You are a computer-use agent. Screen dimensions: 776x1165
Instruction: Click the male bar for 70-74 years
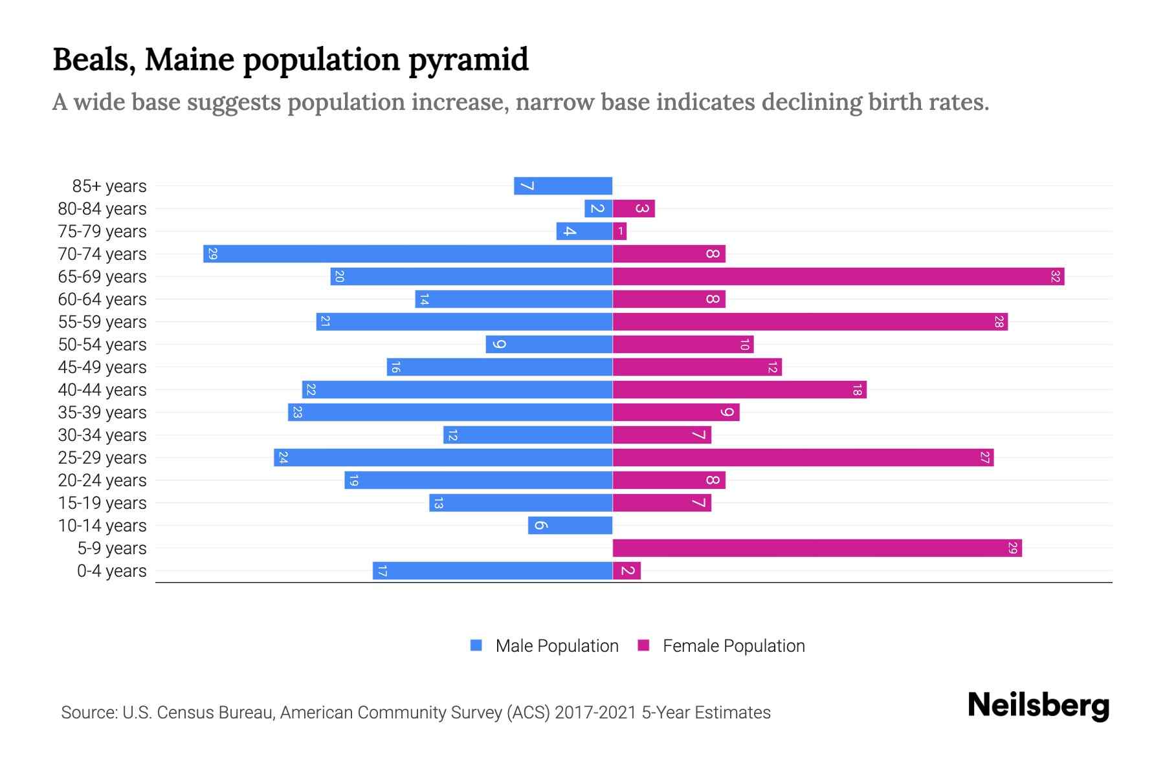pyautogui.click(x=408, y=253)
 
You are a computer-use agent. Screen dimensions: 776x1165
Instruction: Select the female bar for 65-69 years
pyautogui.click(x=838, y=276)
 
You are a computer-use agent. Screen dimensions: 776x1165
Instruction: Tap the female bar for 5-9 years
pyautogui.click(x=817, y=548)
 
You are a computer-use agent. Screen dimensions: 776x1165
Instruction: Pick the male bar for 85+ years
pyautogui.click(x=563, y=186)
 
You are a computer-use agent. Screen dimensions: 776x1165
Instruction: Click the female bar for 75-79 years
pyautogui.click(x=619, y=231)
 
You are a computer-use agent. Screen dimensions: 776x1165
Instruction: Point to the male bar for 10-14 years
pyautogui.click(x=570, y=525)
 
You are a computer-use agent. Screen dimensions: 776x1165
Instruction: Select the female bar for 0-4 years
pyautogui.click(x=627, y=570)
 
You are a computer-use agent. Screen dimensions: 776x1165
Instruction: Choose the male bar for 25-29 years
pyautogui.click(x=443, y=457)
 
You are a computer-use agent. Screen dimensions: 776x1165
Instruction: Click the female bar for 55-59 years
pyautogui.click(x=810, y=321)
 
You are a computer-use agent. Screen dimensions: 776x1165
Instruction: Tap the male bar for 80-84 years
pyautogui.click(x=598, y=208)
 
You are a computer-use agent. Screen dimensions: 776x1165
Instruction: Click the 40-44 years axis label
pyautogui.click(x=102, y=390)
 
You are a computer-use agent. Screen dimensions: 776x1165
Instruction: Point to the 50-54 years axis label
pyautogui.click(x=102, y=345)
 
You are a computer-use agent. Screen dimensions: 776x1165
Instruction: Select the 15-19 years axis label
pyautogui.click(x=102, y=503)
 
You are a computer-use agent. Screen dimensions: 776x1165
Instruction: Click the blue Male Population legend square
pyautogui.click(x=476, y=645)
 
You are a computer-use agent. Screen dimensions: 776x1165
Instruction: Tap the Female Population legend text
pyautogui.click(x=733, y=646)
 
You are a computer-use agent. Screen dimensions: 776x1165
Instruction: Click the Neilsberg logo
pyautogui.click(x=1038, y=706)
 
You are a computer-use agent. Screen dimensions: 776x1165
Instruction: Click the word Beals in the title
pyautogui.click(x=94, y=59)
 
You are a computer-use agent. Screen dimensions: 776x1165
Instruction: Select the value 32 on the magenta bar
pyautogui.click(x=1055, y=276)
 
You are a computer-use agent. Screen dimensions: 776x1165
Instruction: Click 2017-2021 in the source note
pyautogui.click(x=595, y=713)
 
